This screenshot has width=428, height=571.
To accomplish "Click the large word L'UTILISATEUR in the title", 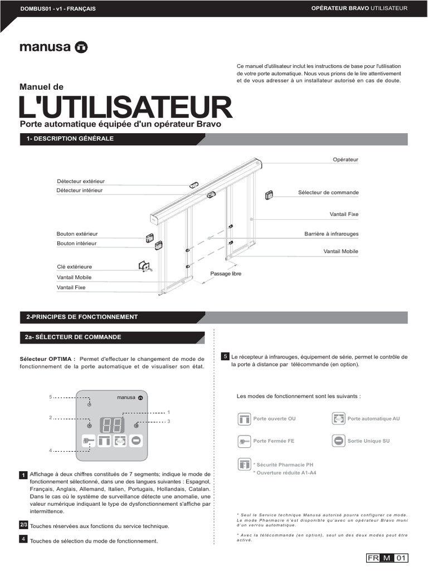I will pyautogui.click(x=125, y=107).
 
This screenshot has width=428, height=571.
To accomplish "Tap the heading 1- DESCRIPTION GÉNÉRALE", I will pyautogui.click(x=70, y=138).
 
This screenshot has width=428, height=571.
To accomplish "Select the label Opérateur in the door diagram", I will pyautogui.click(x=346, y=159).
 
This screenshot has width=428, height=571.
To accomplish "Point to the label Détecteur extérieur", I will pyautogui.click(x=80, y=181).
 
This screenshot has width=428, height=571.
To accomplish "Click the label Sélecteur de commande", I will pyautogui.click(x=328, y=192).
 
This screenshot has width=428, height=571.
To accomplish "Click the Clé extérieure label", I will pyautogui.click(x=74, y=267).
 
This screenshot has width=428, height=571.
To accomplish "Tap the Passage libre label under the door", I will pyautogui.click(x=226, y=274).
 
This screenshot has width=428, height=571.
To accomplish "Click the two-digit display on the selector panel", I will pyautogui.click(x=112, y=425).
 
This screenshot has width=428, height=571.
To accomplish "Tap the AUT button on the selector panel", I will pyautogui.click(x=120, y=441).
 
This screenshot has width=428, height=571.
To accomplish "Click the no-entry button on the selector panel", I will pyautogui.click(x=137, y=441).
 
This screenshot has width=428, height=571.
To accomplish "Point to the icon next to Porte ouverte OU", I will pyautogui.click(x=244, y=418).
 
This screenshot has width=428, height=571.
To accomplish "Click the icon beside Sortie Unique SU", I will pyautogui.click(x=338, y=441).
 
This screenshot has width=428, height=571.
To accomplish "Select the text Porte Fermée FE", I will pyautogui.click(x=274, y=441).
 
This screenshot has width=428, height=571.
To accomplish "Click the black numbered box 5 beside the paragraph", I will pyautogui.click(x=225, y=356).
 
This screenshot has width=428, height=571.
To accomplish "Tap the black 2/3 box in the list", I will pyautogui.click(x=24, y=525).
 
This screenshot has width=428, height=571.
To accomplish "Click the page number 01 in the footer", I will pyautogui.click(x=402, y=558).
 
